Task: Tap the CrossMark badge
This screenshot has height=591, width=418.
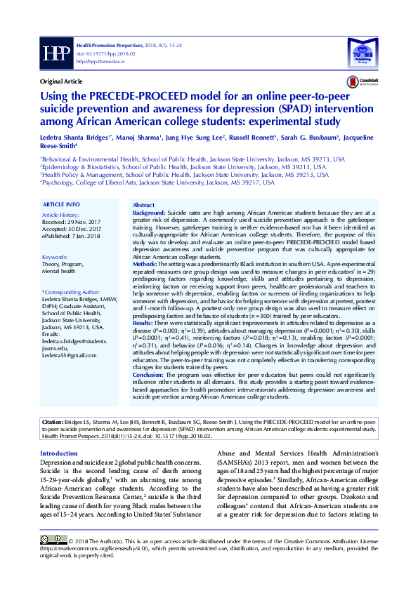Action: pos(368,81)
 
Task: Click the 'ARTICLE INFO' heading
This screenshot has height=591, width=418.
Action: pos(61,204)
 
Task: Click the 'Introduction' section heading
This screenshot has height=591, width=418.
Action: pos(59,434)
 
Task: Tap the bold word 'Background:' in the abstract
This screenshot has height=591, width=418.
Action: pos(149,211)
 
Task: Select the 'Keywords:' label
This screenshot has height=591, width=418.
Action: pos(55,257)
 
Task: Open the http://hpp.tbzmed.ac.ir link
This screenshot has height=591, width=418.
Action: pos(101,60)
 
